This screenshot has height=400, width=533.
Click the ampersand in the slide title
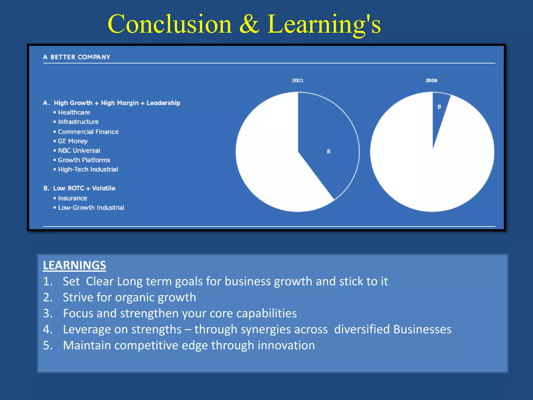point(249,24)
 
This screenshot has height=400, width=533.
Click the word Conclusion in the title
point(169,24)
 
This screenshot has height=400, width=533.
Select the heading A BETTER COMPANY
point(77,57)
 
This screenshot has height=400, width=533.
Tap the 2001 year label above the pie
point(298,80)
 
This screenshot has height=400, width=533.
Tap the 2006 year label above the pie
point(431,80)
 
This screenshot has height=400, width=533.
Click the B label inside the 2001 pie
point(328,151)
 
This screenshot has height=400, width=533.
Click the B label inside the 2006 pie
point(439,107)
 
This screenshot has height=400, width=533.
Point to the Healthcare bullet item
point(74,113)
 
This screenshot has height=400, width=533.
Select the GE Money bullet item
point(73,141)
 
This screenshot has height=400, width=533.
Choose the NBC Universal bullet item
point(79,151)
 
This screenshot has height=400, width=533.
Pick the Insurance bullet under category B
point(72,198)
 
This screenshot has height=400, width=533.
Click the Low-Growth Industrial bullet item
point(91,208)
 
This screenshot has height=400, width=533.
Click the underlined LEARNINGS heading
point(74,265)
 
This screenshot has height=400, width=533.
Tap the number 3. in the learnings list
point(48,313)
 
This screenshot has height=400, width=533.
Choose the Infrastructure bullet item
point(78,122)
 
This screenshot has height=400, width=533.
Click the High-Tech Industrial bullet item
point(88,170)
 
